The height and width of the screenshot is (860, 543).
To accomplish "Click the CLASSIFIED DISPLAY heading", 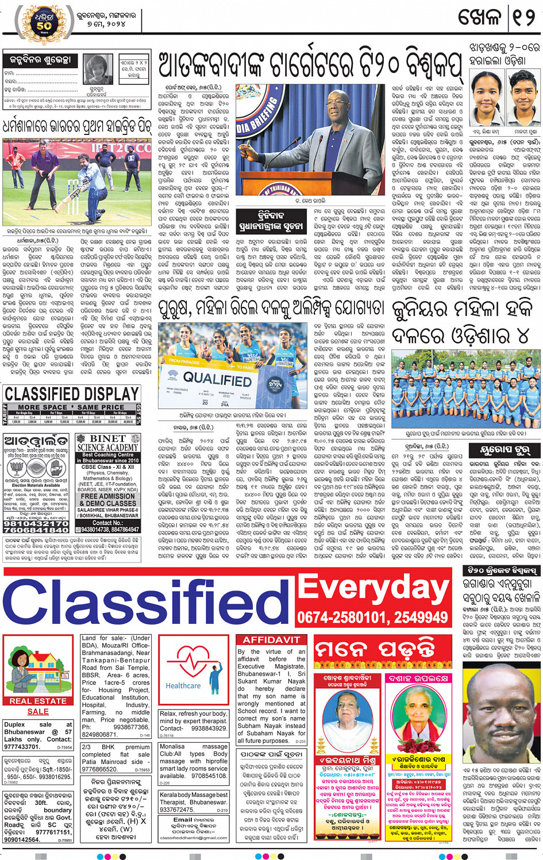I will (72, 394).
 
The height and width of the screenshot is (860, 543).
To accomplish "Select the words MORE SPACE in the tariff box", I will (43, 407).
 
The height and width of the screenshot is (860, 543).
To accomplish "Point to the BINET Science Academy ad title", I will (107, 442).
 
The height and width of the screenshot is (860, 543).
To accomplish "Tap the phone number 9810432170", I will (37, 524).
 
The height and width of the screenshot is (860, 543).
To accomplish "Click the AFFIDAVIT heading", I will (271, 640).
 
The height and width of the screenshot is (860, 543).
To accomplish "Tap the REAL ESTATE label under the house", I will (38, 701).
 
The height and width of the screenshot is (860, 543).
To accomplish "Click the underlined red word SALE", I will (38, 711).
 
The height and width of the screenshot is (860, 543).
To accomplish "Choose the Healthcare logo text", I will (183, 685).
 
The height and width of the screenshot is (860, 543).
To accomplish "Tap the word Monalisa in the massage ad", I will (172, 746).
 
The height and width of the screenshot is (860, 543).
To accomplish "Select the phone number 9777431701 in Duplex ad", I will (22, 747).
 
